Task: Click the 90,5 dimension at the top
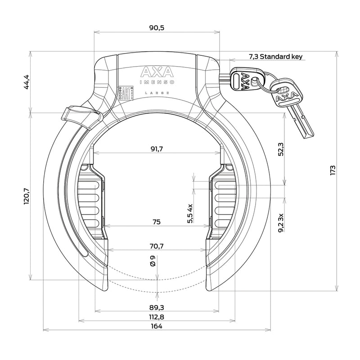click(x=157, y=28)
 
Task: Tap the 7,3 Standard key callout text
click(x=276, y=57)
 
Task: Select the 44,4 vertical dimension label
click(x=27, y=82)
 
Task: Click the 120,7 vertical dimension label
click(x=27, y=196)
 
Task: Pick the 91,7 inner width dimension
click(x=157, y=149)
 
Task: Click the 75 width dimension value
click(x=157, y=222)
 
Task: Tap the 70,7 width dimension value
click(x=157, y=246)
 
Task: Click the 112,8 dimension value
click(x=157, y=317)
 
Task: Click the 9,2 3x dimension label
click(x=281, y=223)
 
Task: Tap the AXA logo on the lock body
click(x=157, y=72)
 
